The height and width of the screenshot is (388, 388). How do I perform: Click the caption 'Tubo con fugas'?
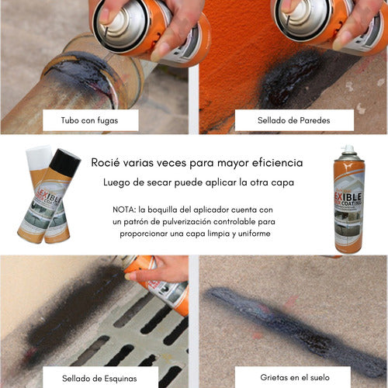click(x=89, y=120)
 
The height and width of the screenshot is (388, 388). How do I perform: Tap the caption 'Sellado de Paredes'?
click(x=294, y=120)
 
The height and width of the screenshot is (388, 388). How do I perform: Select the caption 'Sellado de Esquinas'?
click(x=99, y=379)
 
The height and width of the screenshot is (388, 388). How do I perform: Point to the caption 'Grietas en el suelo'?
click(x=295, y=377)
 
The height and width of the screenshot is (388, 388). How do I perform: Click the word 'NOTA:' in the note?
click(x=124, y=210)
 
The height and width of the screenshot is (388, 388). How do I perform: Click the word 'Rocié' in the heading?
click(x=106, y=163)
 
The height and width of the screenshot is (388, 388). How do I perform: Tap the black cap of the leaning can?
click(x=65, y=162)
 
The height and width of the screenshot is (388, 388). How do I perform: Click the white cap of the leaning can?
click(x=39, y=157)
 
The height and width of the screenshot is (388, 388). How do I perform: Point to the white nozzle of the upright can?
click(x=348, y=149)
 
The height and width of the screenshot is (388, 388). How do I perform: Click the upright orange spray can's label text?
click(x=348, y=199)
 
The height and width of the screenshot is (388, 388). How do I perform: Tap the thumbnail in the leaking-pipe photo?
click(x=106, y=15)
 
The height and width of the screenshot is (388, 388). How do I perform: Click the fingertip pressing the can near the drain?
click(x=129, y=277)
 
